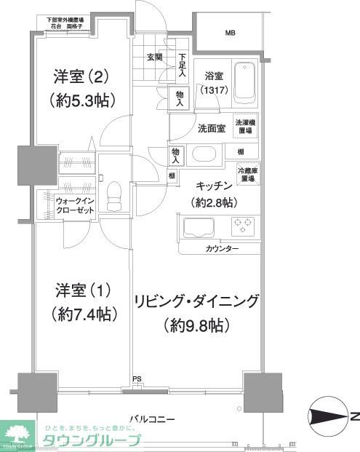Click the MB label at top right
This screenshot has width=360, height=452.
230,33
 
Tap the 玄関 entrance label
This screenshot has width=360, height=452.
153,57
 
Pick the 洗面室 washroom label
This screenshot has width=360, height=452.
211,129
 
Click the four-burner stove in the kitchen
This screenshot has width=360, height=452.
241,226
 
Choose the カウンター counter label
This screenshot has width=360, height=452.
222,249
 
